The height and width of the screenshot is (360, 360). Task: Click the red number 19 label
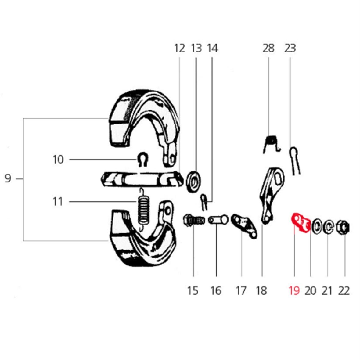tap(294, 291)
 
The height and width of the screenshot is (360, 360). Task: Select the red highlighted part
tap(301, 223)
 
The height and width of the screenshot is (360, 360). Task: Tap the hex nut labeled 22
tap(343, 227)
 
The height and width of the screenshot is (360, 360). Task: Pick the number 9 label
tap(8, 178)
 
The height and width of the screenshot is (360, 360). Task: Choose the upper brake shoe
tap(143, 128)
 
